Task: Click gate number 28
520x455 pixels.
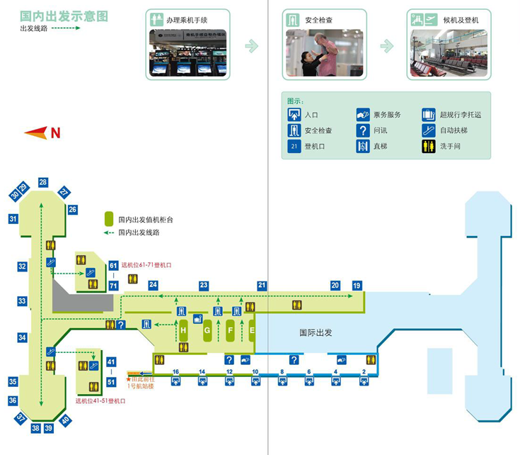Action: [43, 182]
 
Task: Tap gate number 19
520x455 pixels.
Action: [357, 285]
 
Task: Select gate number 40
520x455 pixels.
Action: [65, 420]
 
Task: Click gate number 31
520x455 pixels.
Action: [13, 219]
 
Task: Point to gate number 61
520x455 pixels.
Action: [113, 266]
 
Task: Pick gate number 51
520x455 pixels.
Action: [111, 382]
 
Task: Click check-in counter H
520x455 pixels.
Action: [183, 330]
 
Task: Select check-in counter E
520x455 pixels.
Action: [253, 330]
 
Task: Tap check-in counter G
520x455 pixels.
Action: [207, 330]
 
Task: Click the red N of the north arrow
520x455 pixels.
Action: [54, 133]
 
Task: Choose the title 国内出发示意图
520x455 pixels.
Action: [64, 16]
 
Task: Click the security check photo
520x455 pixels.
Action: [324, 53]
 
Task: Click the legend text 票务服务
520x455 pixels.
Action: [388, 115]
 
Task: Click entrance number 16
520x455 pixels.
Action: [175, 371]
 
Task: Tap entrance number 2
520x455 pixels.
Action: [364, 371]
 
